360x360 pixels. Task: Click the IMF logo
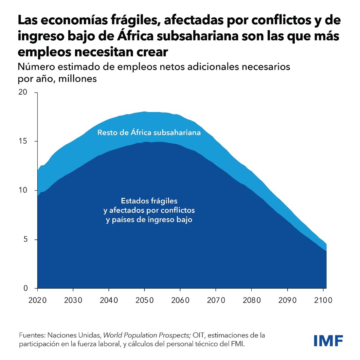coord(328,340)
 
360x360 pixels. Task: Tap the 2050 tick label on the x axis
coord(145,300)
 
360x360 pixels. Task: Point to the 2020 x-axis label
coord(38,300)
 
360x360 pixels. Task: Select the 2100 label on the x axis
coord(323,300)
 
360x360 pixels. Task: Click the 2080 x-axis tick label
coord(252,300)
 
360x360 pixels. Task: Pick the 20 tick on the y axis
coord(23,92)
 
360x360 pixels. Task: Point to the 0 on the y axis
coord(26,288)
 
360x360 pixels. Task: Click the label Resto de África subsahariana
coord(149,133)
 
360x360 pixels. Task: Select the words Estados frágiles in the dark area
coord(149,201)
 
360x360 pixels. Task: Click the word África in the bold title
coord(135,36)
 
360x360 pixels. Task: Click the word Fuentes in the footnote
coord(32,335)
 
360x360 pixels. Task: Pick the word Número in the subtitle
coord(36,67)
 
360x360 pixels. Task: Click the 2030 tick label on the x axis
coord(73,300)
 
